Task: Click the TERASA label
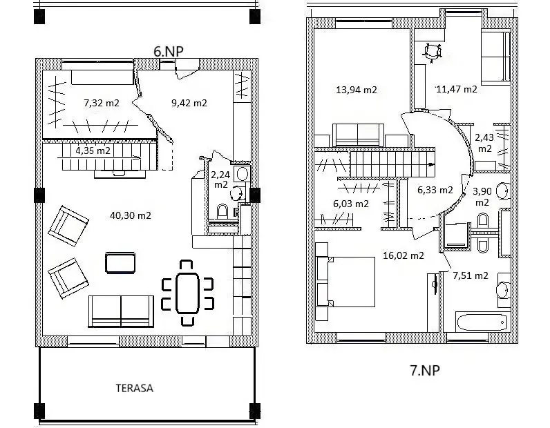135,389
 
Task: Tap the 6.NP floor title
169,51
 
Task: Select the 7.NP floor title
425,370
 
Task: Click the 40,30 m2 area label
131,215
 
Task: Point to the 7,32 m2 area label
102,103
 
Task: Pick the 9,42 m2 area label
189,103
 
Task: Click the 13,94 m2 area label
357,90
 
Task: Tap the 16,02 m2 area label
404,255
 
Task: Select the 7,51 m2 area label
471,276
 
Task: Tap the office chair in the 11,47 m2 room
433,52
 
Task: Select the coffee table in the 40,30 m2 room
120,262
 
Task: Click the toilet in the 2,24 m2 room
222,211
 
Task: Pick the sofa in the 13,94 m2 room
358,135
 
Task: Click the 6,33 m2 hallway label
435,190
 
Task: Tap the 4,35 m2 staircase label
93,150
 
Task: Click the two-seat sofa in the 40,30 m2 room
121,311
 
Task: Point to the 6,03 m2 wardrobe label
351,204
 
